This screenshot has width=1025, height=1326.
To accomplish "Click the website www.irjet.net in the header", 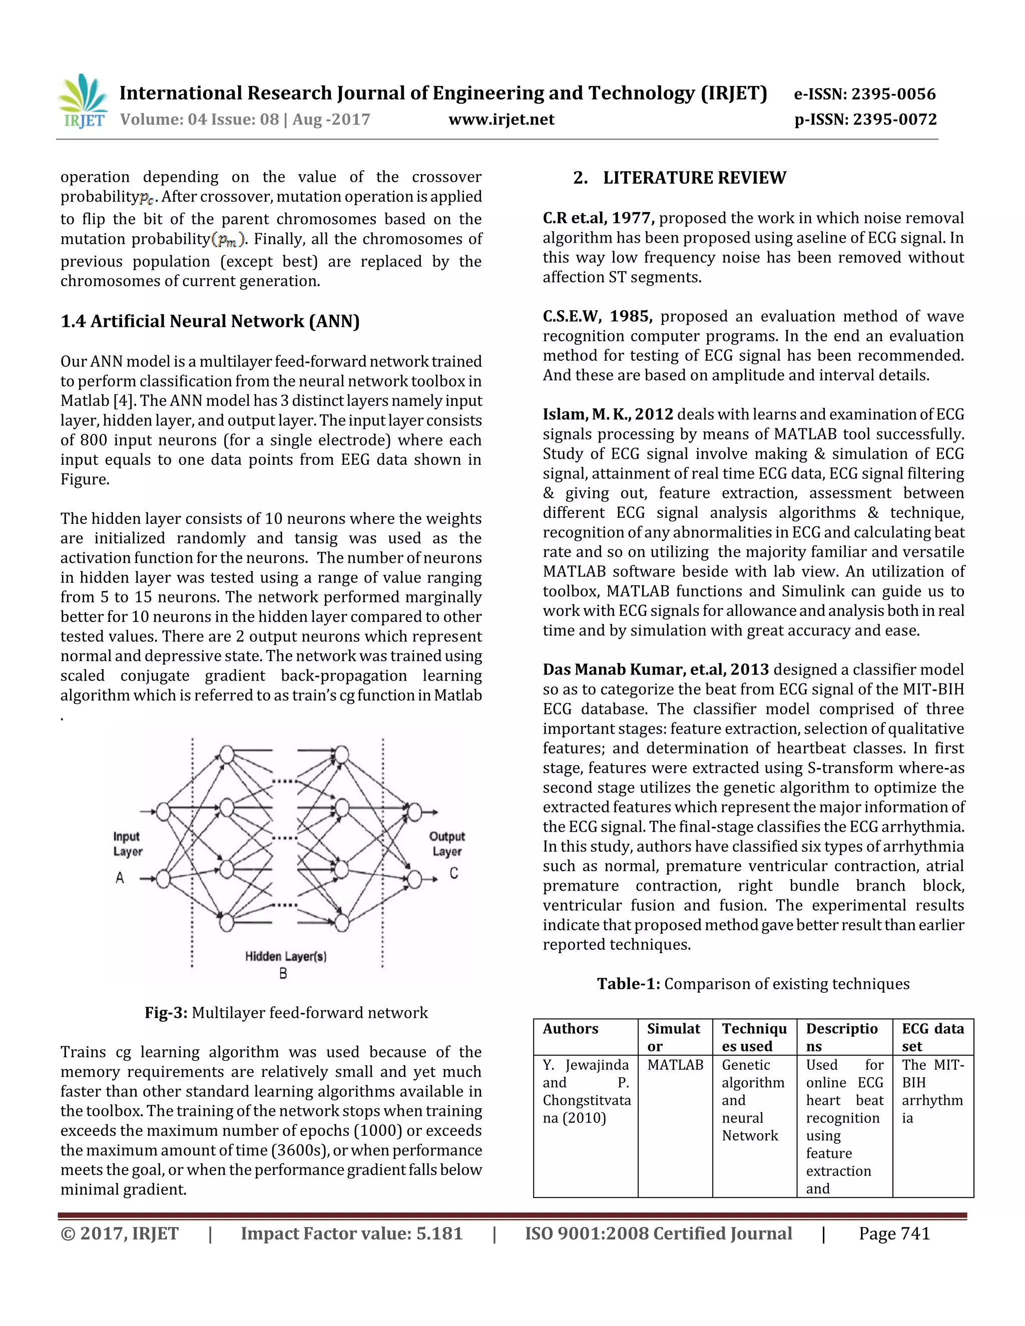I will (x=501, y=120).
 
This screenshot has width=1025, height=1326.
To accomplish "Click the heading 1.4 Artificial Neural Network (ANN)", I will (x=210, y=321).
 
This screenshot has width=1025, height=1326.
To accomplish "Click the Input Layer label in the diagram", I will (x=128, y=844).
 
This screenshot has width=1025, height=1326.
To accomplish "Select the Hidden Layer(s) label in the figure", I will (x=285, y=956).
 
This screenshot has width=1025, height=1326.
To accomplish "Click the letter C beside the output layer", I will (x=453, y=873).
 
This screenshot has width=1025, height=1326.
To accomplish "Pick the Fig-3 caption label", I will (x=166, y=1013).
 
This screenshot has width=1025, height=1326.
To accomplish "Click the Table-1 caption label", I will (x=628, y=984).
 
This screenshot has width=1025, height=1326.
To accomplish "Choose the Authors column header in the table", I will (x=570, y=1028).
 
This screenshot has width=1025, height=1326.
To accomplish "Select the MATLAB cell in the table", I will (x=675, y=1065).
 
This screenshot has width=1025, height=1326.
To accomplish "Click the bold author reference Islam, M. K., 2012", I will (x=608, y=415).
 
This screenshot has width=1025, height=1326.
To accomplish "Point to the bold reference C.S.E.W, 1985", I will (x=598, y=316).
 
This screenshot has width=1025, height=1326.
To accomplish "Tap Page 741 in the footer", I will (x=894, y=1234).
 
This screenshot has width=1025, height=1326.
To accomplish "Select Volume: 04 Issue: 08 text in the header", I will (x=199, y=120).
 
